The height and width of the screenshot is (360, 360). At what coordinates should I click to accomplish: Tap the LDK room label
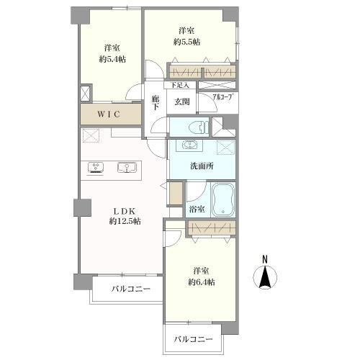[x=120, y=210]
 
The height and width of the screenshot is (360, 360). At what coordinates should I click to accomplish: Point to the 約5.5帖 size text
[x=186, y=42]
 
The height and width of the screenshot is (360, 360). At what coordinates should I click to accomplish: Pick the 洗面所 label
[x=201, y=167]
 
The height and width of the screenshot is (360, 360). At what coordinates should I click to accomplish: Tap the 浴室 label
[x=196, y=210]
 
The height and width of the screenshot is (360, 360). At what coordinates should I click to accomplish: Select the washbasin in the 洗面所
[x=190, y=146]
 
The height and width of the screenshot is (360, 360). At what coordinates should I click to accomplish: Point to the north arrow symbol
[x=265, y=277]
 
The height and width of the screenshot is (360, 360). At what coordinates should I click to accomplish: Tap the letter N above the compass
[x=264, y=259]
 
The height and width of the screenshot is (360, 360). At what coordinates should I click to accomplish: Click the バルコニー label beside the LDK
[x=130, y=289]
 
